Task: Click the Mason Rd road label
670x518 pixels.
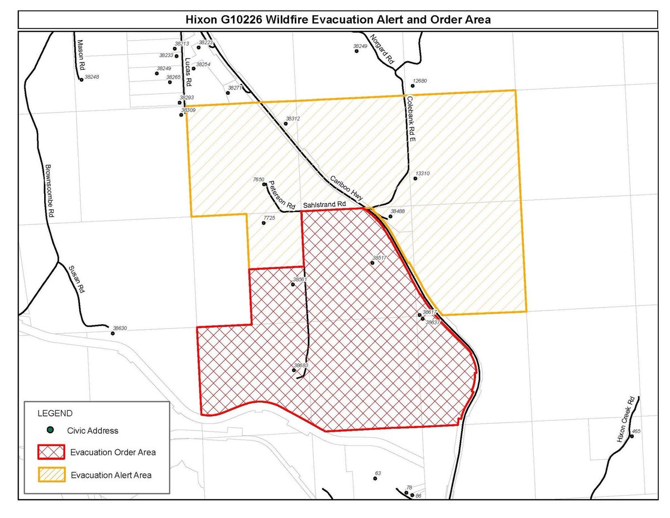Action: (80, 54)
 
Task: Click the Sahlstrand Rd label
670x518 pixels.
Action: (324, 205)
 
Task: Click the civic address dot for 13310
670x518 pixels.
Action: (414, 179)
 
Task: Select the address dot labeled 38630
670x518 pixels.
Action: (113, 334)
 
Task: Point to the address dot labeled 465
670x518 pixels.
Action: (631, 437)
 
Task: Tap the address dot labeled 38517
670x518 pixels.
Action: (372, 263)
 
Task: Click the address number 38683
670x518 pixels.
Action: (301, 366)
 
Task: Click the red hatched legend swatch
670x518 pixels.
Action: (51, 452)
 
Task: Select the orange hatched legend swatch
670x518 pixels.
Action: (51, 475)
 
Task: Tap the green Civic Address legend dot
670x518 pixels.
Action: (50, 430)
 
